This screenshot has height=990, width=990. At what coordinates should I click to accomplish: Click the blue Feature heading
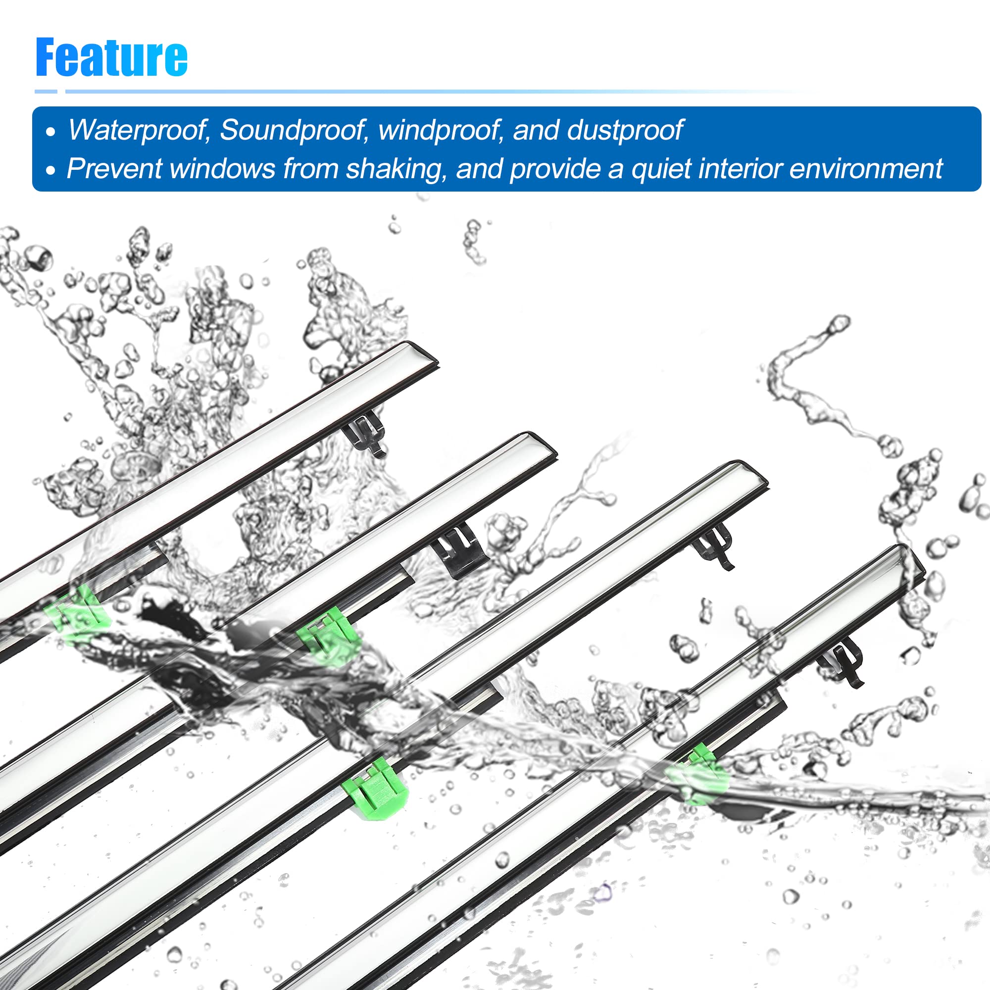(111, 57)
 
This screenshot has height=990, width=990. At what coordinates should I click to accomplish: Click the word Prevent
(114, 169)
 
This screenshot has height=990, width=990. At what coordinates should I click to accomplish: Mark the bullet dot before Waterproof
(50, 132)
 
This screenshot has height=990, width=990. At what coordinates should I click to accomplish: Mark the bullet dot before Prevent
(50, 171)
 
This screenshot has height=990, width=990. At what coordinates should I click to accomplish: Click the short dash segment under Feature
(46, 92)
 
